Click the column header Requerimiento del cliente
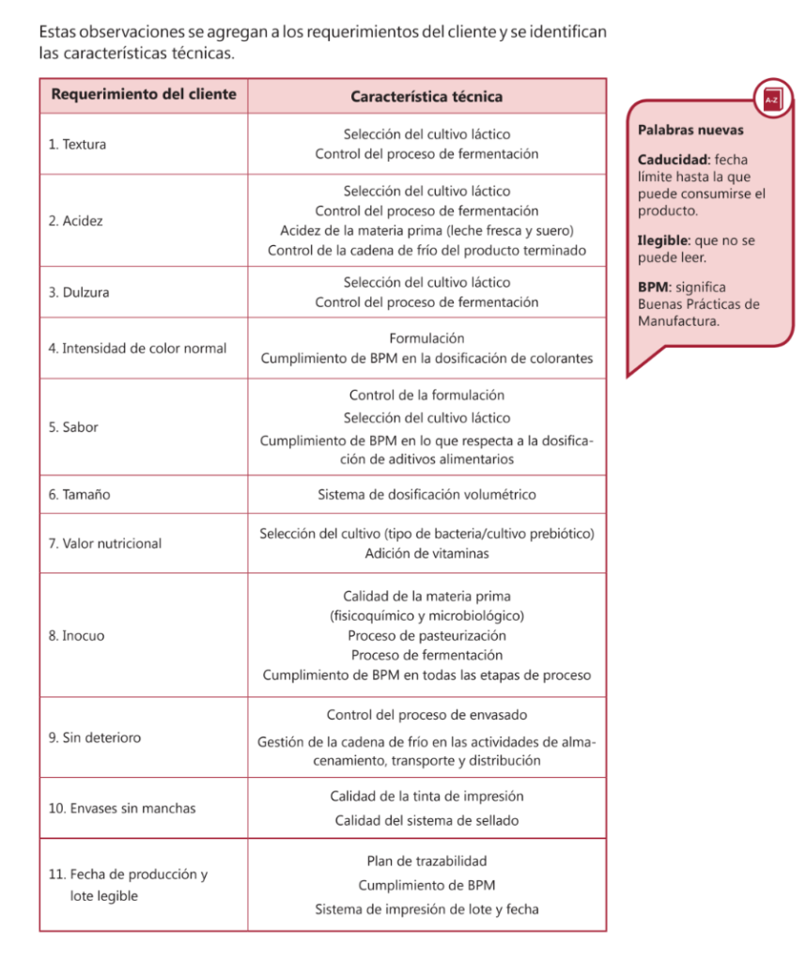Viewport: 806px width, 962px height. (x=144, y=95)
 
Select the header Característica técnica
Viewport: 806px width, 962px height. (x=426, y=96)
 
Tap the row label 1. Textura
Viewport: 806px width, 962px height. (x=77, y=145)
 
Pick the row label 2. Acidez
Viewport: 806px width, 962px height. (x=76, y=221)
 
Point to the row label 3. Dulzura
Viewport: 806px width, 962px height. (x=79, y=292)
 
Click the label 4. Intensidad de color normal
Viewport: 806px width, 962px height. (x=137, y=349)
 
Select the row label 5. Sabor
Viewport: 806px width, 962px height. (x=73, y=427)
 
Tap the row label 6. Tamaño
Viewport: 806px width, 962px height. (x=79, y=494)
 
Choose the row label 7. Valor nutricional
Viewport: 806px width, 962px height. (x=105, y=543)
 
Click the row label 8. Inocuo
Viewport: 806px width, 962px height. (x=77, y=636)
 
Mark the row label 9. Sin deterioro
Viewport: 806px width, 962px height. (x=95, y=737)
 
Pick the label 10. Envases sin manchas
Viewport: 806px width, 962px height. (x=122, y=808)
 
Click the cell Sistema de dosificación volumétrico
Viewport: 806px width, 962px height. (x=426, y=494)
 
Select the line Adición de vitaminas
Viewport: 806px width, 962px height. (x=426, y=553)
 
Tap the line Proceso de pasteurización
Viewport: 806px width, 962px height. (x=426, y=635)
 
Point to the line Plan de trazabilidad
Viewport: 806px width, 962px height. (x=426, y=861)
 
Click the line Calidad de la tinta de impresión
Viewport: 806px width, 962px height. (x=426, y=797)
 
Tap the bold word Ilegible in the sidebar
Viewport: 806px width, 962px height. (x=663, y=240)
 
